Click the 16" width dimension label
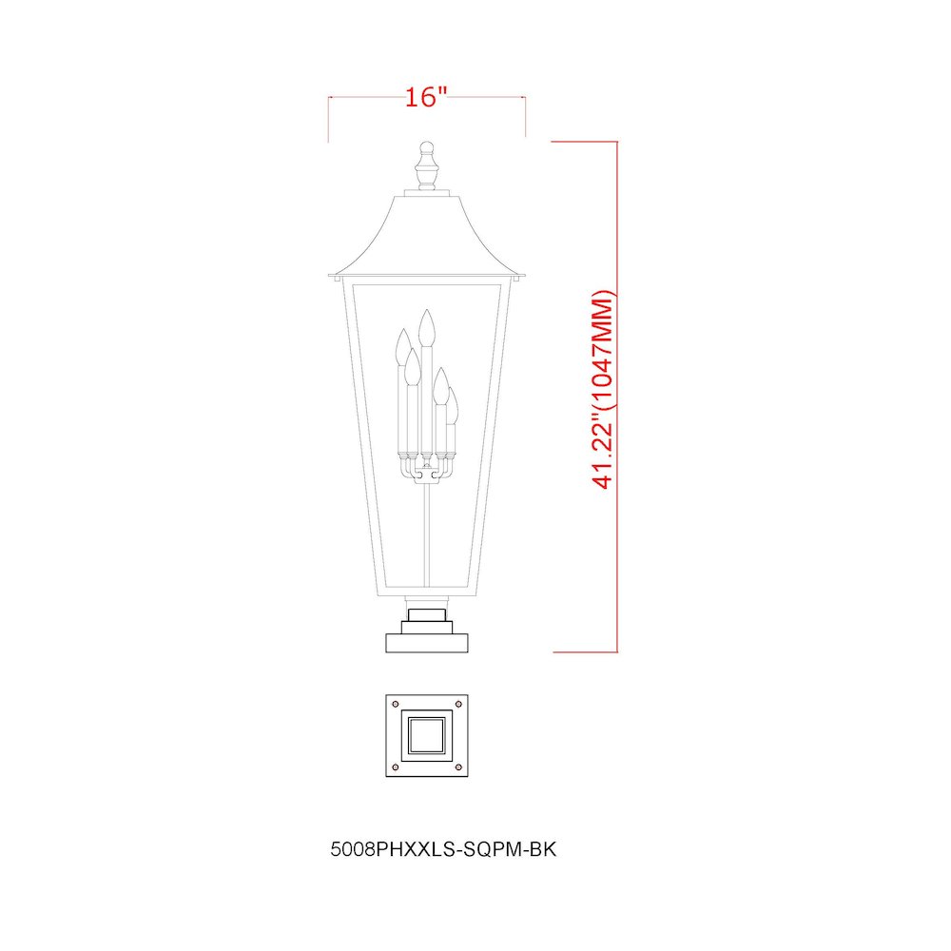point(426,96)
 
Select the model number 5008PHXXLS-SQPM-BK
point(443,849)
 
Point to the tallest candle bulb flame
point(427,327)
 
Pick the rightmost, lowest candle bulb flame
point(451,405)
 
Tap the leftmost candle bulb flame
point(402,347)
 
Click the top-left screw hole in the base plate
point(396,704)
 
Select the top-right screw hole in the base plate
point(458,704)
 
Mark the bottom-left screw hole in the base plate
point(396,767)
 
